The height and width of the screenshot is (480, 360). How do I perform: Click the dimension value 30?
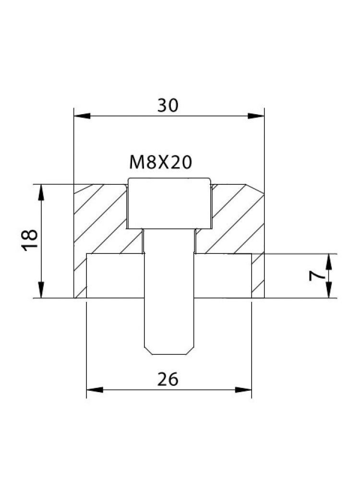pos(168,105)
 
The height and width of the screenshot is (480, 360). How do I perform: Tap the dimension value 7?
pos(315,276)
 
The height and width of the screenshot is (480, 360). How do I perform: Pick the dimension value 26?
pos(168,379)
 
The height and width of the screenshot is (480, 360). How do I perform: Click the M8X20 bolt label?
pos(161,163)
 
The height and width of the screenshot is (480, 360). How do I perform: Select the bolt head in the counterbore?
pos(169,203)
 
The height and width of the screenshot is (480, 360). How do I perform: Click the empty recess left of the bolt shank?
pos(115,276)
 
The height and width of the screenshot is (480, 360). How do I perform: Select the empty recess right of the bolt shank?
pos(223,276)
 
